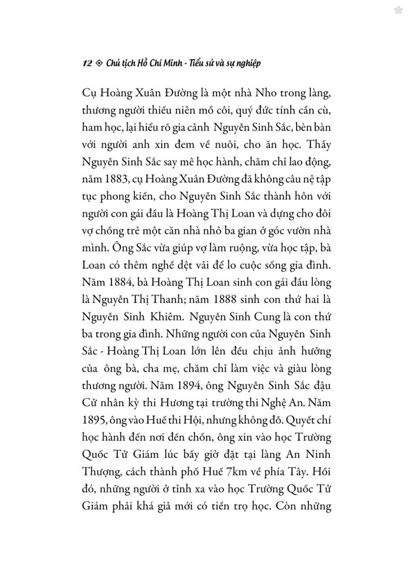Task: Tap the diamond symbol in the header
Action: click(99, 64)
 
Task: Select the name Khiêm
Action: click(178, 318)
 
